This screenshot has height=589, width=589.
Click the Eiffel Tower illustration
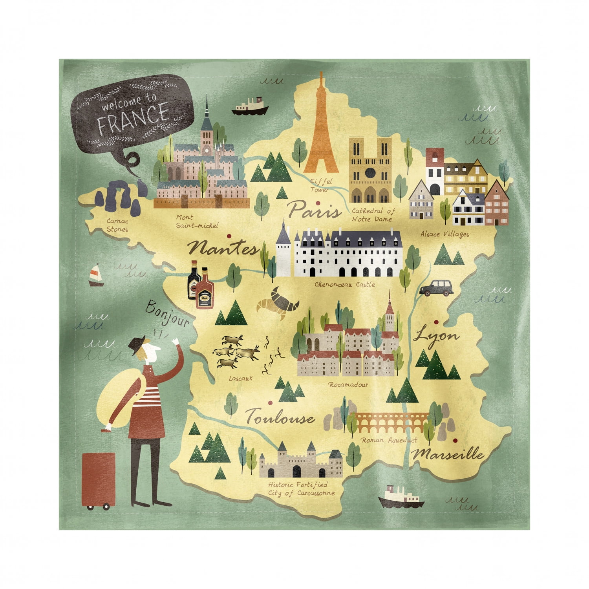(x=322, y=130)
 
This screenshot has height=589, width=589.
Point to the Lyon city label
(x=436, y=336)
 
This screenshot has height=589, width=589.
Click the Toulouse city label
(x=280, y=417)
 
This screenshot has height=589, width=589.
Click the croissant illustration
(x=278, y=302)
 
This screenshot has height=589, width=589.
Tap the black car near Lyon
(x=436, y=288)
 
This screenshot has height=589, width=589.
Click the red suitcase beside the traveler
(x=98, y=480)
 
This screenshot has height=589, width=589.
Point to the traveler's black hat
(x=138, y=343)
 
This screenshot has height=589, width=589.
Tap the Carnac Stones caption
(x=117, y=225)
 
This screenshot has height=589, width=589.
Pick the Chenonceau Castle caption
(x=344, y=284)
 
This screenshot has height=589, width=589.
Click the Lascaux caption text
(x=240, y=379)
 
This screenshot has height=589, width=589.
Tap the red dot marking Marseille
(x=455, y=440)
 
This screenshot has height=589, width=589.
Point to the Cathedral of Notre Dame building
(x=370, y=170)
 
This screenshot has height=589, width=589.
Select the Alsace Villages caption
(x=444, y=234)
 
